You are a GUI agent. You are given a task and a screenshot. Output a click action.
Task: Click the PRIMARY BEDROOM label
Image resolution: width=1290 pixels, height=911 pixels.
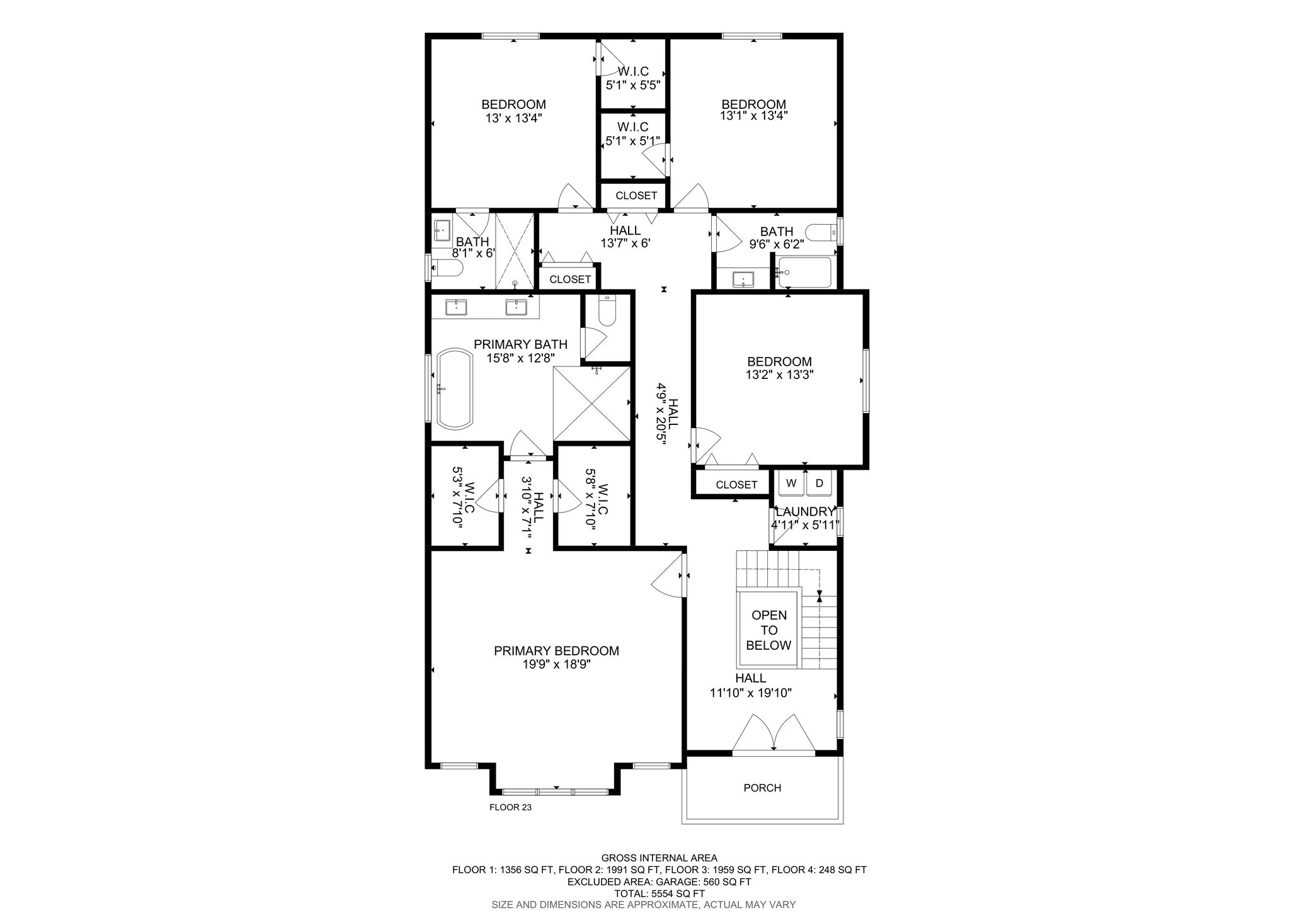pos(556,651)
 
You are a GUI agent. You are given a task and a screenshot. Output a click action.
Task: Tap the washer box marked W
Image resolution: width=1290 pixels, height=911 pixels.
pos(792,484)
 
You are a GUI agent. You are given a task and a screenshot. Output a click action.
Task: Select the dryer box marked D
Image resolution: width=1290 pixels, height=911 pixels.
pos(819,484)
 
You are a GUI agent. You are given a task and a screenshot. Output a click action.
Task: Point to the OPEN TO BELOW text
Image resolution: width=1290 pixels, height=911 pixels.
pos(768,630)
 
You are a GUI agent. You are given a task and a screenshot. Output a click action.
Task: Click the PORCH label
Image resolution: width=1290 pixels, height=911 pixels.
pos(762,788)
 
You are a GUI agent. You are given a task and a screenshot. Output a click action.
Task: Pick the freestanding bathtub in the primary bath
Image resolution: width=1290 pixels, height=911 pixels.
pos(454,390)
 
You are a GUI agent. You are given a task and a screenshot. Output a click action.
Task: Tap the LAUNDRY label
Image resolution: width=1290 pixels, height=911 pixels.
pos(805,512)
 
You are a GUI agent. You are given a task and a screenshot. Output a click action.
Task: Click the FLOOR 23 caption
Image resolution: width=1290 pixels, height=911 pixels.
pos(510,807)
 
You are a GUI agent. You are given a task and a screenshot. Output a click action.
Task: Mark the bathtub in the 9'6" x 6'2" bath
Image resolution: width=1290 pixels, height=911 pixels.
pos(804,272)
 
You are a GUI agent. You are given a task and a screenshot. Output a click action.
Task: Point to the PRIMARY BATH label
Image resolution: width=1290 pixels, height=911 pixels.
pos(520,344)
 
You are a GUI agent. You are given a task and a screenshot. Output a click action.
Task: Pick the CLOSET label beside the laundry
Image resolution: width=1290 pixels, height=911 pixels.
pos(736,485)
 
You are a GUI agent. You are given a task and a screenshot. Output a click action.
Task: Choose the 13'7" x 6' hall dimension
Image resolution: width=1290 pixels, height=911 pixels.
pos(625,243)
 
